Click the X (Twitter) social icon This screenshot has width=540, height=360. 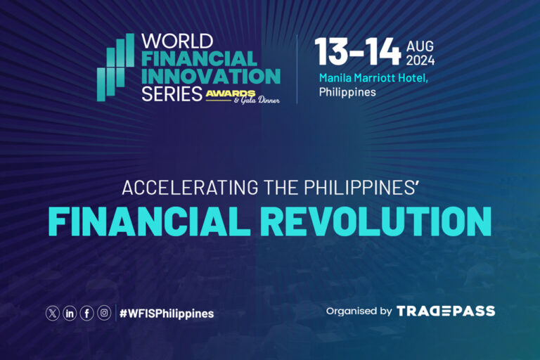[x=53, y=314]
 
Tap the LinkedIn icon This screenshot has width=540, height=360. [x=70, y=314]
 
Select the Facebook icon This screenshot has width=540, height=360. [x=86, y=314]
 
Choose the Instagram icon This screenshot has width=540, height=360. [x=104, y=314]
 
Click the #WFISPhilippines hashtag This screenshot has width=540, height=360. [x=167, y=314]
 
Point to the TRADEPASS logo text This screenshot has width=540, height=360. [x=446, y=311]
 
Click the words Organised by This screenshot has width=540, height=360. [x=359, y=311]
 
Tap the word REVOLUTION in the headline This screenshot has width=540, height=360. [x=376, y=221]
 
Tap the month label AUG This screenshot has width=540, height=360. [x=419, y=46]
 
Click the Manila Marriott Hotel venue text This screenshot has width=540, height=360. [x=373, y=77]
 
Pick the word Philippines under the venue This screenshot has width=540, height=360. [x=347, y=91]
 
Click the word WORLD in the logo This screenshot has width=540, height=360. [x=172, y=40]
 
